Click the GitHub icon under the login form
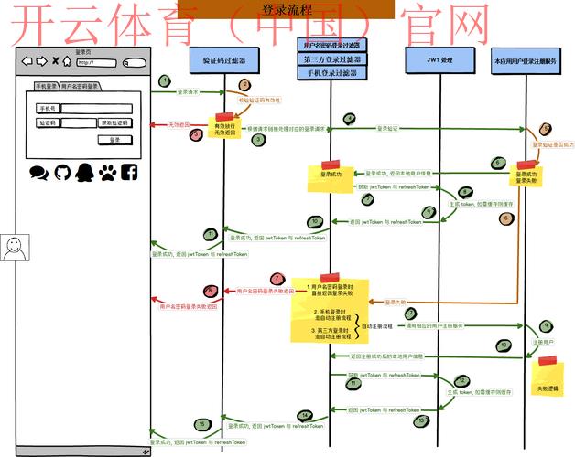pos(62,172)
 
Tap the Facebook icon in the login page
pos(129,172)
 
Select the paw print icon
pos(107,172)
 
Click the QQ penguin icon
pos(84,172)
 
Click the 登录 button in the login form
pos(114,140)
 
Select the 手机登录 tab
pos(47,86)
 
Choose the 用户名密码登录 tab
pos(81,86)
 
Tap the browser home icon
pos(67,62)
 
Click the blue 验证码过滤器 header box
pos(224,60)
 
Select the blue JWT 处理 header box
pos(439,60)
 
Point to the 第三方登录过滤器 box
pos(331,58)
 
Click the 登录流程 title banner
pos(287,10)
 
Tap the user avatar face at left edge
pos(13,248)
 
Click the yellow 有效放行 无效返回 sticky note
pos(224,129)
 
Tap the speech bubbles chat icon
pos(38,172)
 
